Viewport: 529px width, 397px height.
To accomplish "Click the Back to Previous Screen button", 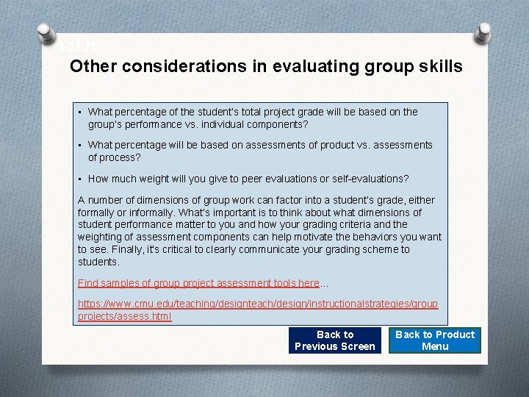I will [335, 340].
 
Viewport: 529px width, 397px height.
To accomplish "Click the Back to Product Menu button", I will [435, 340].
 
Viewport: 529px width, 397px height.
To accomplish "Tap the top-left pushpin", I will [46, 34].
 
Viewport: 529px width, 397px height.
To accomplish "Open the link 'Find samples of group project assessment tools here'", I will [198, 283].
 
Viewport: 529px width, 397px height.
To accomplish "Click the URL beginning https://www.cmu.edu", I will [257, 304].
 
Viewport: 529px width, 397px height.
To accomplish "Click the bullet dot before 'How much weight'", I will [80, 179].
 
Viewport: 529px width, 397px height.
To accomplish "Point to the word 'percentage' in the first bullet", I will [137, 112].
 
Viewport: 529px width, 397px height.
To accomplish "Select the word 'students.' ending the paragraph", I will [98, 262].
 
